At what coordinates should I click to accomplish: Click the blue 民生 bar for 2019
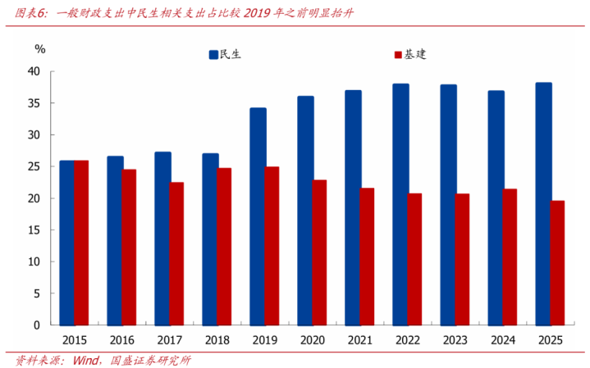258,216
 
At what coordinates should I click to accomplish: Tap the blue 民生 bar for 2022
400,204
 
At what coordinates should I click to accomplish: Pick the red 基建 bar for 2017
176,253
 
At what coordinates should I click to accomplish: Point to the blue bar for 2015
66,243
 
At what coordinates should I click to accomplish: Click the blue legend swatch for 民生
213,55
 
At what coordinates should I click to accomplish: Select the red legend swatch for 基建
398,55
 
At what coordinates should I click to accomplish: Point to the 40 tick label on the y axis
34,71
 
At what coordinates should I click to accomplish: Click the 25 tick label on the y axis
34,166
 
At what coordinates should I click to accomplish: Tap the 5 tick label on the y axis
37,293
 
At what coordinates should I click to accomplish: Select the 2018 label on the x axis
217,339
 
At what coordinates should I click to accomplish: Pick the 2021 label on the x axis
359,339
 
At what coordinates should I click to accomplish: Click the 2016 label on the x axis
121,339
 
